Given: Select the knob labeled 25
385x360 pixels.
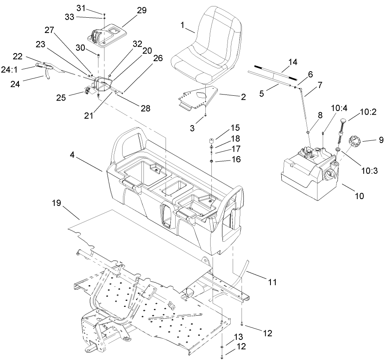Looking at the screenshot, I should [88, 91].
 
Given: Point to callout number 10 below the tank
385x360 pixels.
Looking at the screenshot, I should [359, 196].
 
